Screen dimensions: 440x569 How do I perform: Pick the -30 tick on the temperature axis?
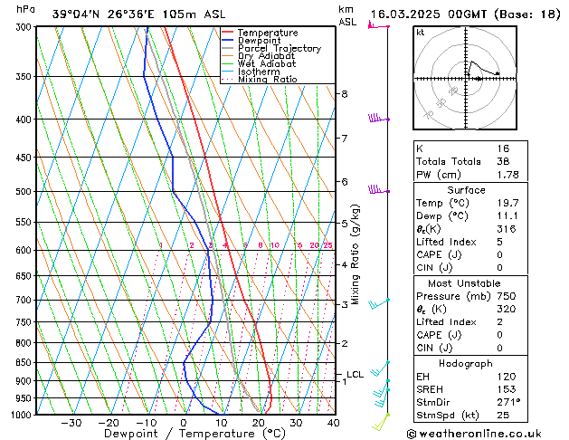[71, 423]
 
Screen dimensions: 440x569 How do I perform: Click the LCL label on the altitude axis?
[355, 374]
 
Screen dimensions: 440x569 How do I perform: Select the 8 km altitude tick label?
[345, 94]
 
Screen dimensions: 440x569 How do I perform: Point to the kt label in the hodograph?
[421, 33]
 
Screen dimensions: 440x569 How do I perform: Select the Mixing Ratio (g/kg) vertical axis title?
[356, 254]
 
